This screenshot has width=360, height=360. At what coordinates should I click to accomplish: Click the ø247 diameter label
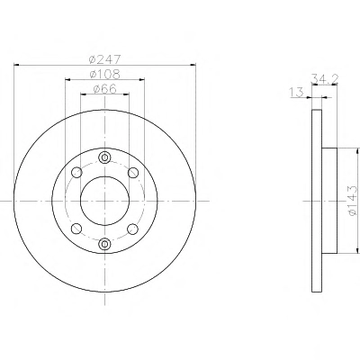click(x=104, y=59)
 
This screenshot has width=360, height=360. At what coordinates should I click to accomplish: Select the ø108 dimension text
click(x=104, y=75)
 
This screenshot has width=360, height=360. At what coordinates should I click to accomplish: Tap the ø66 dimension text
click(x=104, y=89)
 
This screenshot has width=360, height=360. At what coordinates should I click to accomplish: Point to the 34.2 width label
click(x=325, y=78)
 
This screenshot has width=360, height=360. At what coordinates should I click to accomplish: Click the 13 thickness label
click(x=297, y=93)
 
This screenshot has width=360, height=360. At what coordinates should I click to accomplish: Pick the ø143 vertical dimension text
click(x=353, y=201)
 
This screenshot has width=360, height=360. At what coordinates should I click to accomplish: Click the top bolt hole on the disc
click(x=104, y=157)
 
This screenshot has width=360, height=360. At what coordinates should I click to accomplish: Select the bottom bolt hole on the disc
click(x=104, y=244)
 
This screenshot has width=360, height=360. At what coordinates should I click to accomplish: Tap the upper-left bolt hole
click(x=76, y=173)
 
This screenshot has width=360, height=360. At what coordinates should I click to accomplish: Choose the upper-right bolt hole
click(x=133, y=173)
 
